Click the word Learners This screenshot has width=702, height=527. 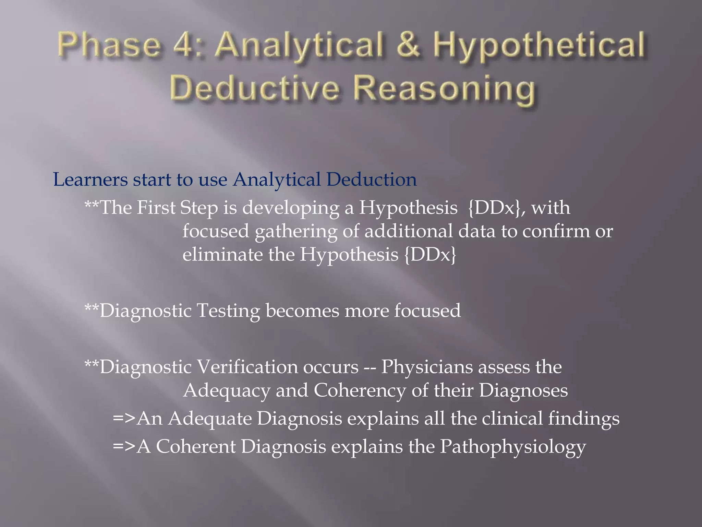[x=90, y=180]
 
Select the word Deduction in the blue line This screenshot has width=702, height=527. [x=372, y=180]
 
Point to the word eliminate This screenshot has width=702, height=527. [x=222, y=255]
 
